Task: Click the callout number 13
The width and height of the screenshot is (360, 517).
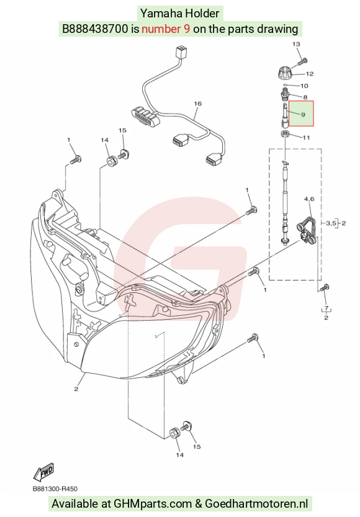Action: pos(296,44)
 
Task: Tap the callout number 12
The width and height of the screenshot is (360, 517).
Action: pos(310,74)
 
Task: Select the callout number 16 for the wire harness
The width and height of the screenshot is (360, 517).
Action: pos(197,104)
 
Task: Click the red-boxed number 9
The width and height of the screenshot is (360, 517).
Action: pos(303,115)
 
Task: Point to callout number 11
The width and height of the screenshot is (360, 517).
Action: pos(306,138)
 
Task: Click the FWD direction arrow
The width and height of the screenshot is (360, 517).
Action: pos(43,472)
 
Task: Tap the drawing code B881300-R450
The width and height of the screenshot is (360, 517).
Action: pos(55,488)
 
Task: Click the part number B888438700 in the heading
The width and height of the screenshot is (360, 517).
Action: pos(95,29)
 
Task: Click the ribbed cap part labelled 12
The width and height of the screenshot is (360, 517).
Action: pos(284,73)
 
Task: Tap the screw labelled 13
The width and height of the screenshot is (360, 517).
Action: pos(303,61)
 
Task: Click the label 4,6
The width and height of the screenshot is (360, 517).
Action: pos(309,199)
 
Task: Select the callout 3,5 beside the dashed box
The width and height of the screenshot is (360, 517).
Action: pos(331,223)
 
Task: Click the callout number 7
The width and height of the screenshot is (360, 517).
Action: pos(326,308)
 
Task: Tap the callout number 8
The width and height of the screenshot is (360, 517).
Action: pos(305,97)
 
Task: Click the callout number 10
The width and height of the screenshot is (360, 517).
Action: pos(304,86)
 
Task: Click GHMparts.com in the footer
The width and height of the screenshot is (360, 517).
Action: pos(153,504)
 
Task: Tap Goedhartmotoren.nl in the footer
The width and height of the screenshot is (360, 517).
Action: pos(256,504)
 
